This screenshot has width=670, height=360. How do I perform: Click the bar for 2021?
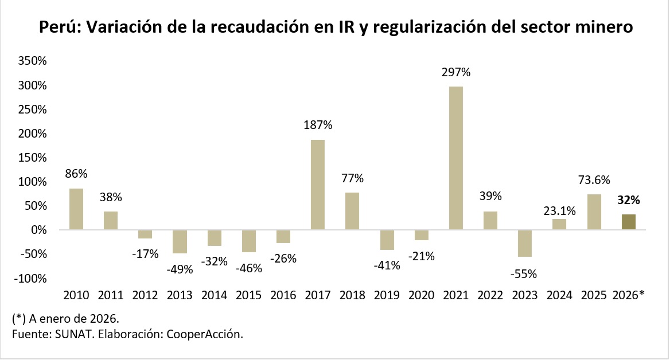pos(456,158)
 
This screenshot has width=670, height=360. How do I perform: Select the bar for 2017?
pos(318,185)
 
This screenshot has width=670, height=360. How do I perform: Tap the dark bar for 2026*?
pos(629,222)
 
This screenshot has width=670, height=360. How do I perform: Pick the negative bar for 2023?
pos(525,244)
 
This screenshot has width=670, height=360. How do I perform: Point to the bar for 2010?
pos(76,209)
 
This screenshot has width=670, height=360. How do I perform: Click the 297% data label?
pos(456,72)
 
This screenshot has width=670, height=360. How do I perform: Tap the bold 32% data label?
pos(629,201)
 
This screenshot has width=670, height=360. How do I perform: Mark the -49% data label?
pos(180,268)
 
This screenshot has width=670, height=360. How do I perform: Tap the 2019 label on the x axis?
pos(387,295)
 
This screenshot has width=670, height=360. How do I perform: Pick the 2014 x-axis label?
pos(215,295)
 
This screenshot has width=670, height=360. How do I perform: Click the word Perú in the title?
pos(60,27)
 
